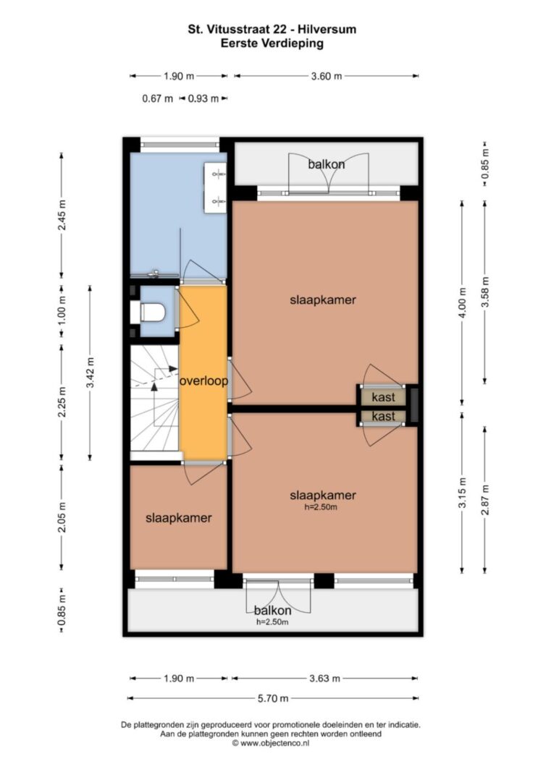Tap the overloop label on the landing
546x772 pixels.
(203, 381)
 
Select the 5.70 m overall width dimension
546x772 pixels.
(274, 698)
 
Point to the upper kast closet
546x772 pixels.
(383, 396)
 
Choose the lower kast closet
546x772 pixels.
(383, 417)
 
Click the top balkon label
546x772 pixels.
(326, 164)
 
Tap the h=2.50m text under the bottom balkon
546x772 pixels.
(272, 622)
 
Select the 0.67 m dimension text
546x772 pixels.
(158, 98)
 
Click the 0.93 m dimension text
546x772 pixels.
(203, 98)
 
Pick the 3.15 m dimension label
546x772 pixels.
(462, 493)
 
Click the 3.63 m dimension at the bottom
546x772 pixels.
(324, 679)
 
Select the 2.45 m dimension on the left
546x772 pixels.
(62, 215)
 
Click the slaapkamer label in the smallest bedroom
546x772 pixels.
(178, 518)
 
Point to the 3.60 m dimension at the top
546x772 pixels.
(326, 76)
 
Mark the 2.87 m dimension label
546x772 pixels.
(485, 500)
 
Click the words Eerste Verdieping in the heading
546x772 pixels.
(272, 43)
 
